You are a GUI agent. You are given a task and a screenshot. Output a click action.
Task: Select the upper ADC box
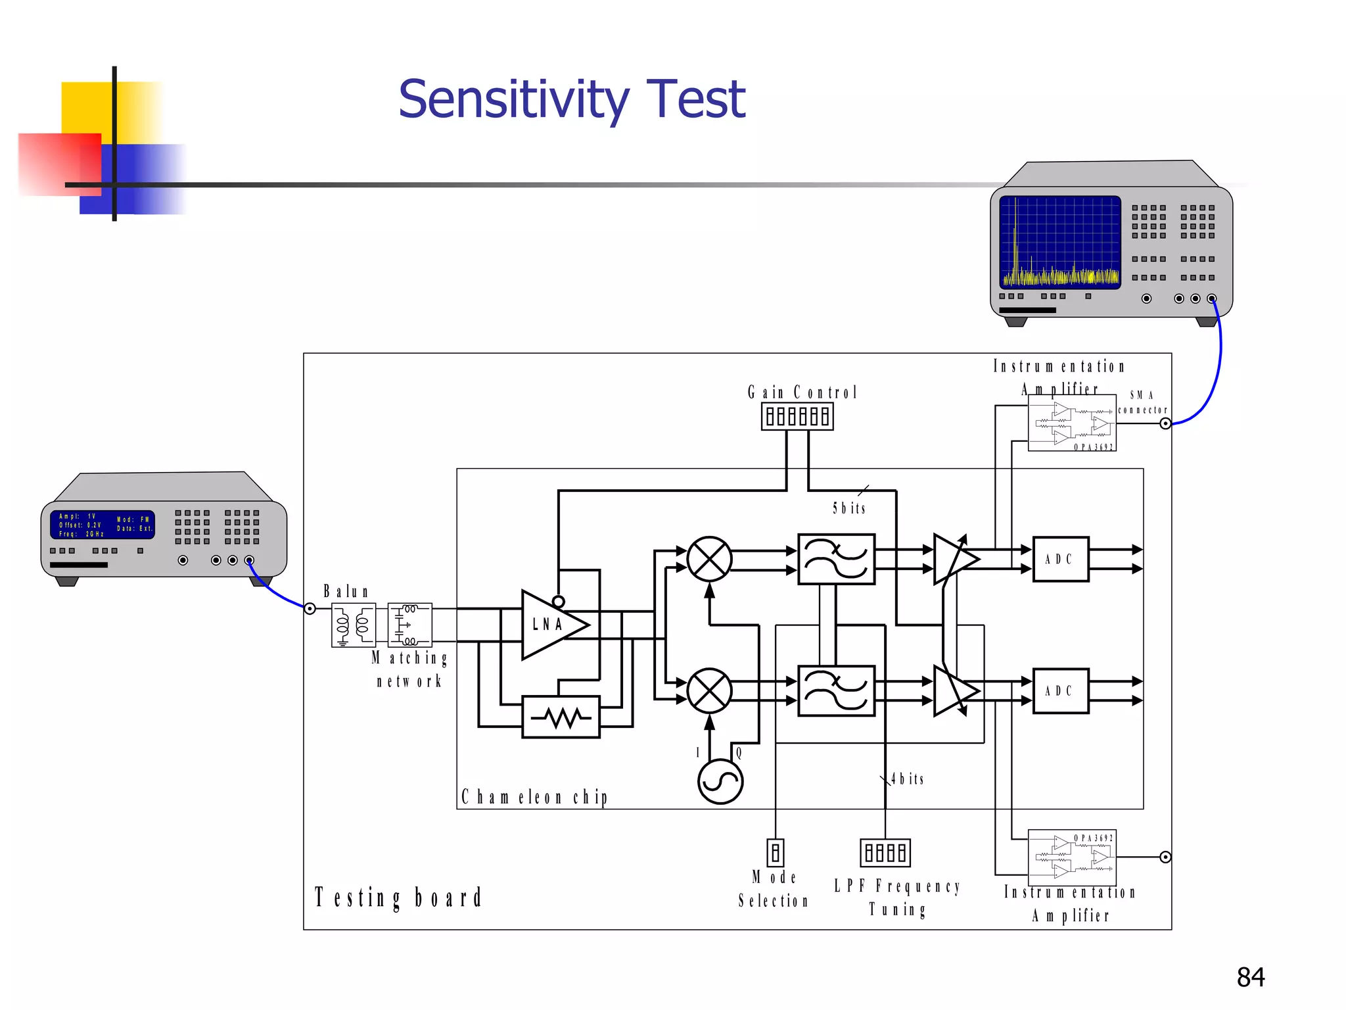tap(1060, 559)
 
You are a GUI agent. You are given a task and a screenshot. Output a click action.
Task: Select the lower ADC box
tap(1060, 690)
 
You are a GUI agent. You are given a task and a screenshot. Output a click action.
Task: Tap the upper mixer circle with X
tap(709, 559)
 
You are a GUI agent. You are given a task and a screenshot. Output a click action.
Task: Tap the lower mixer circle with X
tap(709, 690)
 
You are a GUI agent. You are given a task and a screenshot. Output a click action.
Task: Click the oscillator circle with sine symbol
tap(720, 781)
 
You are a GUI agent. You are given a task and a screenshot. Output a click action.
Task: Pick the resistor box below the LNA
tap(561, 717)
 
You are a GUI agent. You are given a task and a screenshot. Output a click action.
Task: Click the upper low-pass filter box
tap(836, 559)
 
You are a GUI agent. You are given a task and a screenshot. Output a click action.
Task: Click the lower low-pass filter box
tap(836, 690)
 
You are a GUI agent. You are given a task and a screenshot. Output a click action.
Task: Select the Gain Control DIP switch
tap(797, 416)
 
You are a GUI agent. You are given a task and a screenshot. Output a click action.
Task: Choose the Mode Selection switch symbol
tap(776, 853)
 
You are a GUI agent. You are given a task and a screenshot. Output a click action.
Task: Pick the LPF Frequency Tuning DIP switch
tap(885, 853)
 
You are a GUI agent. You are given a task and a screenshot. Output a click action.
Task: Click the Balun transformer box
tap(354, 625)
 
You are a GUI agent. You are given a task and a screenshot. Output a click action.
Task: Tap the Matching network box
tap(409, 625)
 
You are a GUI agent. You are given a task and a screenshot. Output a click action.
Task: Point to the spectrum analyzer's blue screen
tap(1059, 242)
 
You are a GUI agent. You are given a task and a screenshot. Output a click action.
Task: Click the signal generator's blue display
tap(103, 525)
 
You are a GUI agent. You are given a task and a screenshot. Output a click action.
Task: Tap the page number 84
tap(1250, 977)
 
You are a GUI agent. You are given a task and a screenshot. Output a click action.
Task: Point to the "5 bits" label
tap(849, 508)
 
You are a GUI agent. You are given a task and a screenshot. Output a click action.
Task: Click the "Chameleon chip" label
tap(534, 797)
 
